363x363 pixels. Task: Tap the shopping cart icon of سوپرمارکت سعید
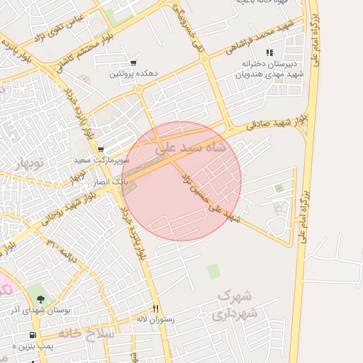coord(101,150)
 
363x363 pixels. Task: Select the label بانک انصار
coord(111,182)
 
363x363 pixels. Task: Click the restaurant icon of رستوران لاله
coord(155,309)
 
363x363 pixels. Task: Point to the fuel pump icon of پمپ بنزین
coord(32,335)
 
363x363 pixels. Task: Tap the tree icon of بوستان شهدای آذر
coord(40,298)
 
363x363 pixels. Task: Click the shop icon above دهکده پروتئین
coord(134,62)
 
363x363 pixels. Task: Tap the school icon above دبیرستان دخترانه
coord(269,52)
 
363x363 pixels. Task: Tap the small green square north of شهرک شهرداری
coord(213,272)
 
